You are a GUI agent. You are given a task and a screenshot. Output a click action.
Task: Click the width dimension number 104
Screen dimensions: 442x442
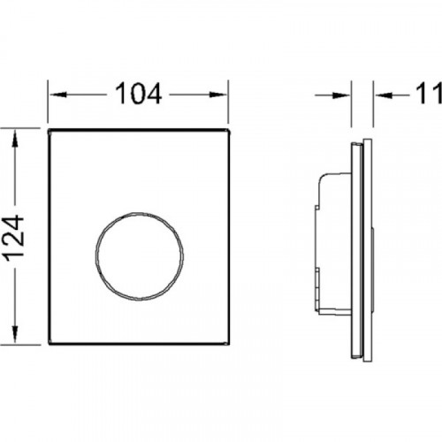pyautogui.click(x=138, y=94)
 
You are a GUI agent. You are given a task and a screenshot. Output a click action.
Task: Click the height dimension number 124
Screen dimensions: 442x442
pyautogui.click(x=15, y=239)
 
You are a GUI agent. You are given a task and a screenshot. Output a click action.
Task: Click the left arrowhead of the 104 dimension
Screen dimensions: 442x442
pyautogui.click(x=57, y=95)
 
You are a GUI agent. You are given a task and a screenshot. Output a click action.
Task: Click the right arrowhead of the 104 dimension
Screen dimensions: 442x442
pyautogui.click(x=218, y=95)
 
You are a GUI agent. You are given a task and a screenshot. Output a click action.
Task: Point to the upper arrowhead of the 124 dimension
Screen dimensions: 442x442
pyautogui.click(x=15, y=140)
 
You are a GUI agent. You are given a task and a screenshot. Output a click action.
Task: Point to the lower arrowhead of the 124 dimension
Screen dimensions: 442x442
pyautogui.click(x=15, y=333)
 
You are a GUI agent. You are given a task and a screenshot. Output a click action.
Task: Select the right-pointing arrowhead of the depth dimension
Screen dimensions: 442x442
pyautogui.click(x=341, y=95)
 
